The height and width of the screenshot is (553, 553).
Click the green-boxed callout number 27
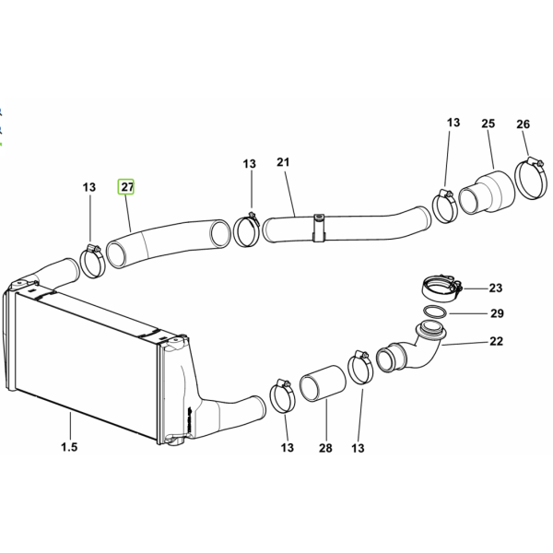[x=126, y=186]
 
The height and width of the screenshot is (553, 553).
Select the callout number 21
[x=283, y=162]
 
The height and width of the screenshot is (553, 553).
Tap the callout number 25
[x=488, y=124]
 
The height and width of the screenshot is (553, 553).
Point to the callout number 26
[x=523, y=124]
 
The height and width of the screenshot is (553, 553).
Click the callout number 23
[x=496, y=288]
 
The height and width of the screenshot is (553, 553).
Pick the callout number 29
[x=498, y=313]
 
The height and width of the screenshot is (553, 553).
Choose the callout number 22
[x=496, y=341]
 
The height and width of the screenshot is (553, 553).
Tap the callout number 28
[x=325, y=448]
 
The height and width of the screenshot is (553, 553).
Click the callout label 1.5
[x=69, y=447]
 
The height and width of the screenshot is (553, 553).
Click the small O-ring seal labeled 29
[x=424, y=312]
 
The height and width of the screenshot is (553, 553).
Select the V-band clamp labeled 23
[x=441, y=288]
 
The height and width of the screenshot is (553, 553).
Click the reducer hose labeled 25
[x=487, y=192]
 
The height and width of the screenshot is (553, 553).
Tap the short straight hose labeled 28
[x=323, y=383]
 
